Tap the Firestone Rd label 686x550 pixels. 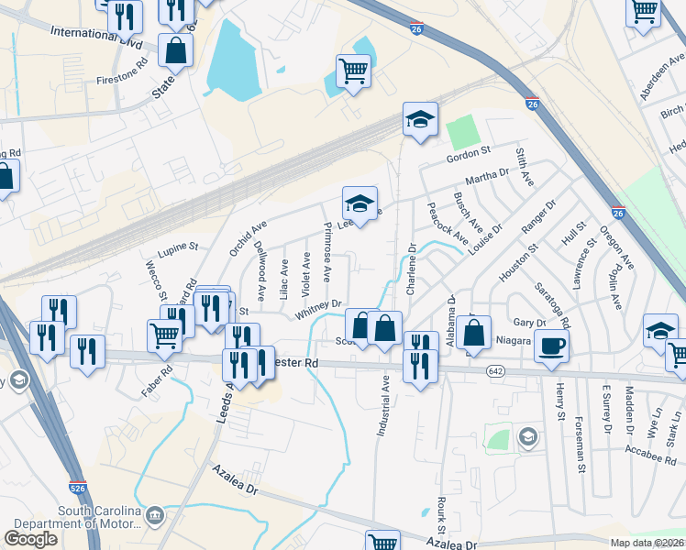122,71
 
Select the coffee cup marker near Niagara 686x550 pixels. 551,346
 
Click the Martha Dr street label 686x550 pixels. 487,174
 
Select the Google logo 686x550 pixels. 30,539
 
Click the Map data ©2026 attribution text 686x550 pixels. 647,543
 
